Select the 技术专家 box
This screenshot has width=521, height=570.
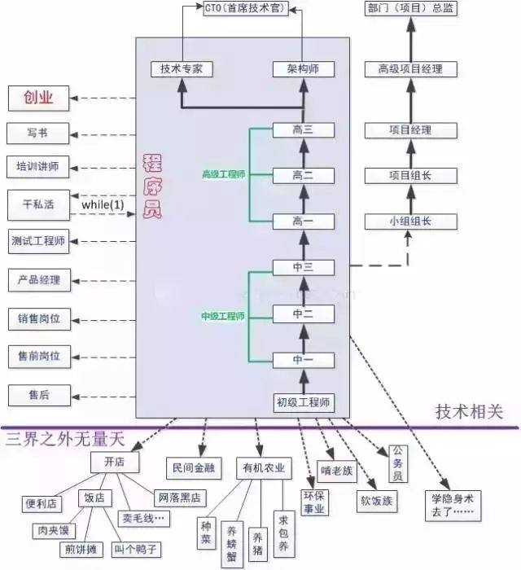182,69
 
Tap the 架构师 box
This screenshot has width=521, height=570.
303,69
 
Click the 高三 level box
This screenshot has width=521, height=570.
303,129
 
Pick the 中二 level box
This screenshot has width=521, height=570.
303,313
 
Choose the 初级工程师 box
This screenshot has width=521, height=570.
303,401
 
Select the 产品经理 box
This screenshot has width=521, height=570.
38,279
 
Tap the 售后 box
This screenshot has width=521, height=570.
38,394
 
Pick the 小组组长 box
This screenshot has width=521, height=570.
410,221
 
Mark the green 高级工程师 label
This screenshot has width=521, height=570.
223,174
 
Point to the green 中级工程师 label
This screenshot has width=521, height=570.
223,316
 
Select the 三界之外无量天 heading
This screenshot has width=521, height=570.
64,440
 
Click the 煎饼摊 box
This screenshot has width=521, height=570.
81,549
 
